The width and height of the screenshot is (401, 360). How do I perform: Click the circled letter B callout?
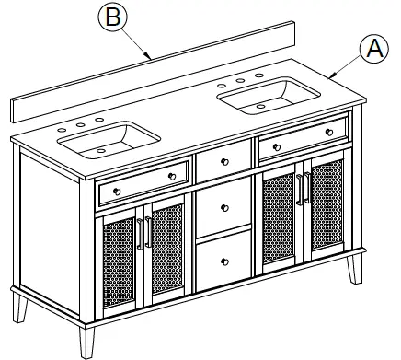click(111, 18)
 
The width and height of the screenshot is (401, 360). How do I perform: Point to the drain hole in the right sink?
click(261, 104)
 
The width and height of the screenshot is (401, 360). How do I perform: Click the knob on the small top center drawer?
click(224, 161)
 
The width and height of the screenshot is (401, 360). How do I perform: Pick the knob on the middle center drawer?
click(224, 208)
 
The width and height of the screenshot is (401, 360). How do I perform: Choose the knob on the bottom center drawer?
click(224, 259)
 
